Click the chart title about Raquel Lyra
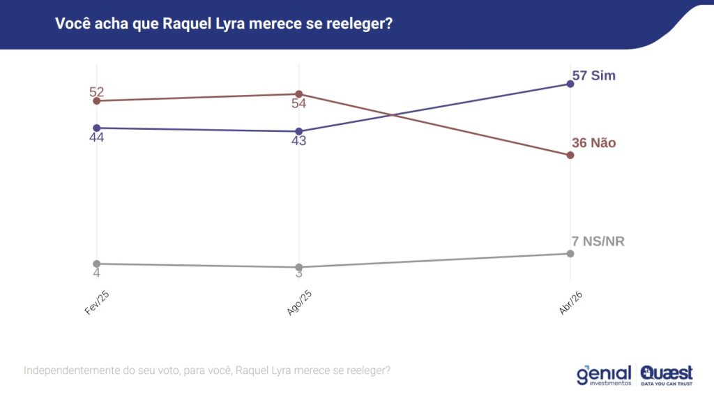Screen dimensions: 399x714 (x=224, y=24)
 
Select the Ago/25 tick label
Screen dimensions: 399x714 (x=299, y=303)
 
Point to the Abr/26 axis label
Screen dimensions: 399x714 (x=571, y=303)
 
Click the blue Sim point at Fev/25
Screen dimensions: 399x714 (x=96, y=128)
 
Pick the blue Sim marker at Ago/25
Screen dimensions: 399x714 (x=298, y=131)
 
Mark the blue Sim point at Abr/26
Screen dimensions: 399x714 (x=570, y=84)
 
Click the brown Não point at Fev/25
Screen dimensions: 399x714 (x=96, y=101)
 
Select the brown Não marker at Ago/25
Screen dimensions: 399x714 (x=298, y=94)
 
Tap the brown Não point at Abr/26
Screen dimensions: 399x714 (x=570, y=155)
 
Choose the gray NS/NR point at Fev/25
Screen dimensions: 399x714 (x=96, y=264)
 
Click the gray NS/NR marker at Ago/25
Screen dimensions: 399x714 (x=298, y=267)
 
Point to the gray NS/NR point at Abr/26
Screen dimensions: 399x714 (x=570, y=253)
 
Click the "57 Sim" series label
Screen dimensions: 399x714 (x=594, y=75)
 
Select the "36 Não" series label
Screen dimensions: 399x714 (x=594, y=143)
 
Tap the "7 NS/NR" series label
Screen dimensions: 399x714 (x=598, y=241)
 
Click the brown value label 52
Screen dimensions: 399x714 (x=97, y=92)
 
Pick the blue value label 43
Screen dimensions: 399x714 (x=299, y=141)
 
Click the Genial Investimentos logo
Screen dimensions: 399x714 (x=604, y=375)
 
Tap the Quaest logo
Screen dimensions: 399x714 (x=667, y=375)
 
